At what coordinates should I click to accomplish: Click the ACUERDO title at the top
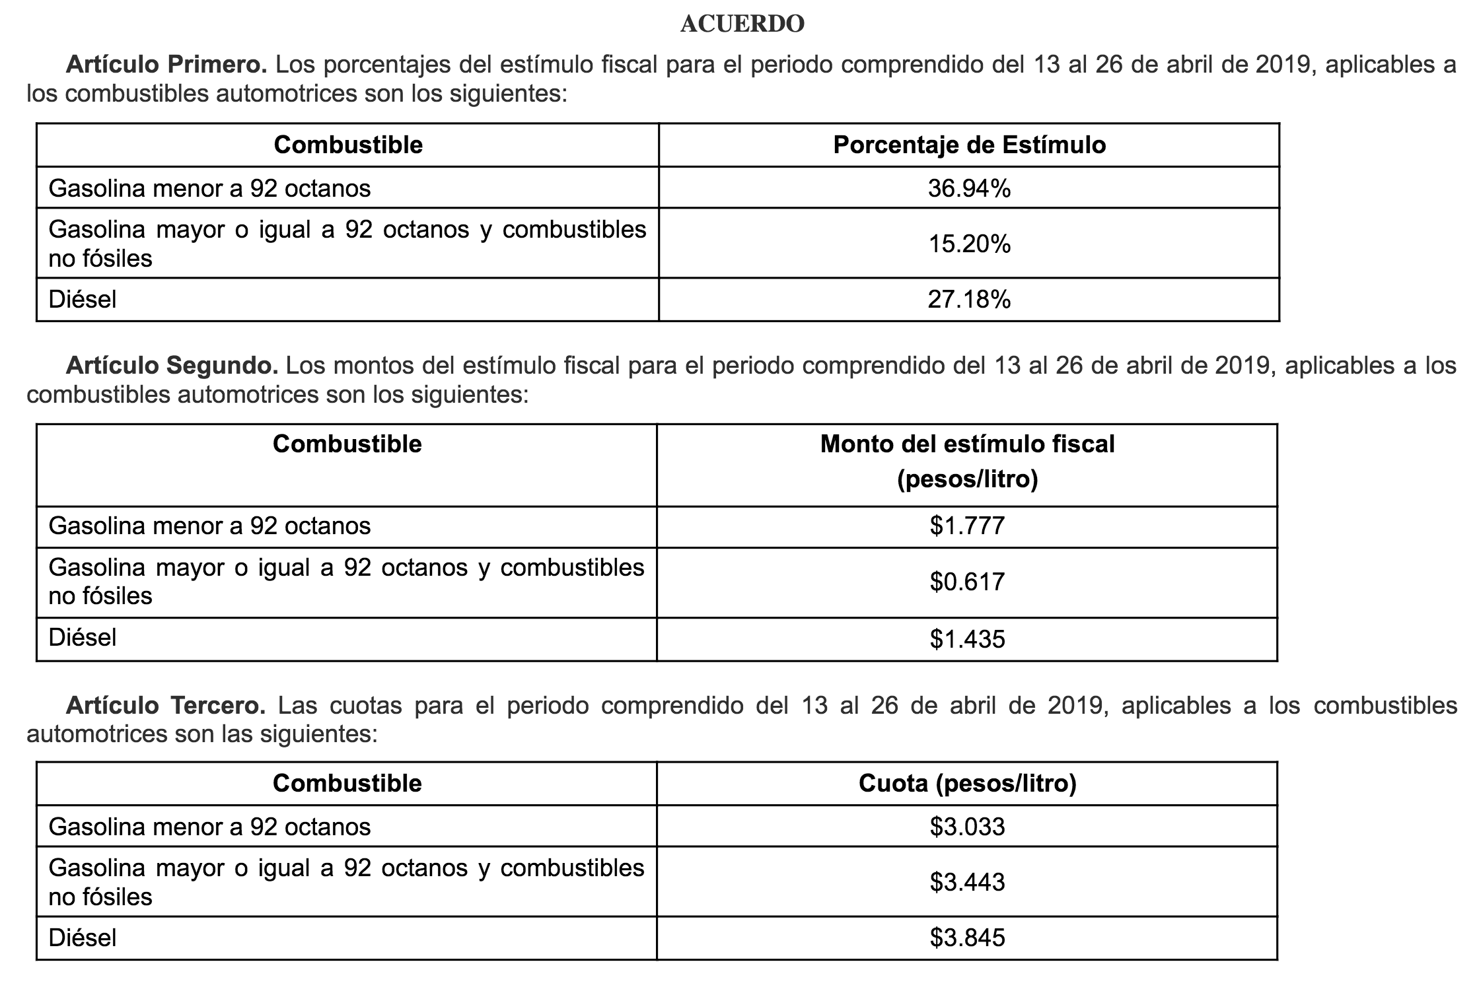742,24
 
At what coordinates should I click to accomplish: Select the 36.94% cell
968,189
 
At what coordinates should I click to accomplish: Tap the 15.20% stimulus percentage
968,244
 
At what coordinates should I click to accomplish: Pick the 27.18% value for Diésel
968,300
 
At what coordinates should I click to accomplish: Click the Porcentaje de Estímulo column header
969,145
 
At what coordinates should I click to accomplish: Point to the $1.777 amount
967,526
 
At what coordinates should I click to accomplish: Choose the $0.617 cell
967,582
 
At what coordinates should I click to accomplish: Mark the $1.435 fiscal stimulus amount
967,639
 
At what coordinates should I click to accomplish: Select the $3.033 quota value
967,827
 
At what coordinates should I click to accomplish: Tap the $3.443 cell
967,882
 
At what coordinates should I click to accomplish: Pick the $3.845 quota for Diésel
967,938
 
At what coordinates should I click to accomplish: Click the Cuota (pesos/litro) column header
967,784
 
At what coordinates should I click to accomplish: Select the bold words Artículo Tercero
166,706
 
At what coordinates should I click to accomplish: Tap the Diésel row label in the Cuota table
83,938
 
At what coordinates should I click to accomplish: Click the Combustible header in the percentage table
348,145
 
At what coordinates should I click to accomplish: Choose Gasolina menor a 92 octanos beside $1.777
209,526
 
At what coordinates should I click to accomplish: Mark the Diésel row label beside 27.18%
83,300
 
